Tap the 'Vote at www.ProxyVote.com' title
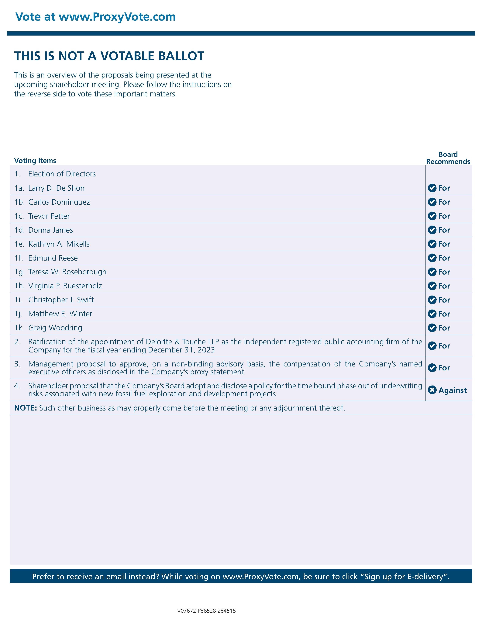coord(95,17)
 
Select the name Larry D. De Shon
coord(56,188)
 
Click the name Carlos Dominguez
coord(59,202)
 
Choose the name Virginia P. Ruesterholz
coord(65,286)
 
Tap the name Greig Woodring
coord(55,328)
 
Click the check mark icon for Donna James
coord(432,230)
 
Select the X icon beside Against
coord(432,390)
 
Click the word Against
coord(452,390)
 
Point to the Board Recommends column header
coord(448,158)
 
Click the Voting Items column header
coord(35,161)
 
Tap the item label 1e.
coord(19,244)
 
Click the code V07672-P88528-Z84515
coord(206,611)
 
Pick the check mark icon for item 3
coord(432,368)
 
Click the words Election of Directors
coord(62,174)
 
